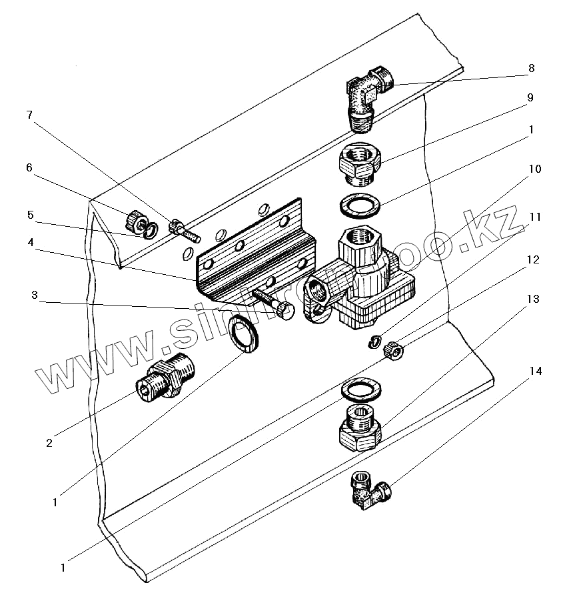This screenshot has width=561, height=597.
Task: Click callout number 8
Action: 531,68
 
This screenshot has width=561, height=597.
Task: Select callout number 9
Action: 531,97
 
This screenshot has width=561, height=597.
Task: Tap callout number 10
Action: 534,169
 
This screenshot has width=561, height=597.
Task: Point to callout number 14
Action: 534,371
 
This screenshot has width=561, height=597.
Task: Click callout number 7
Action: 29,115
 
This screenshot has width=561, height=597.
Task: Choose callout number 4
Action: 29,243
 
